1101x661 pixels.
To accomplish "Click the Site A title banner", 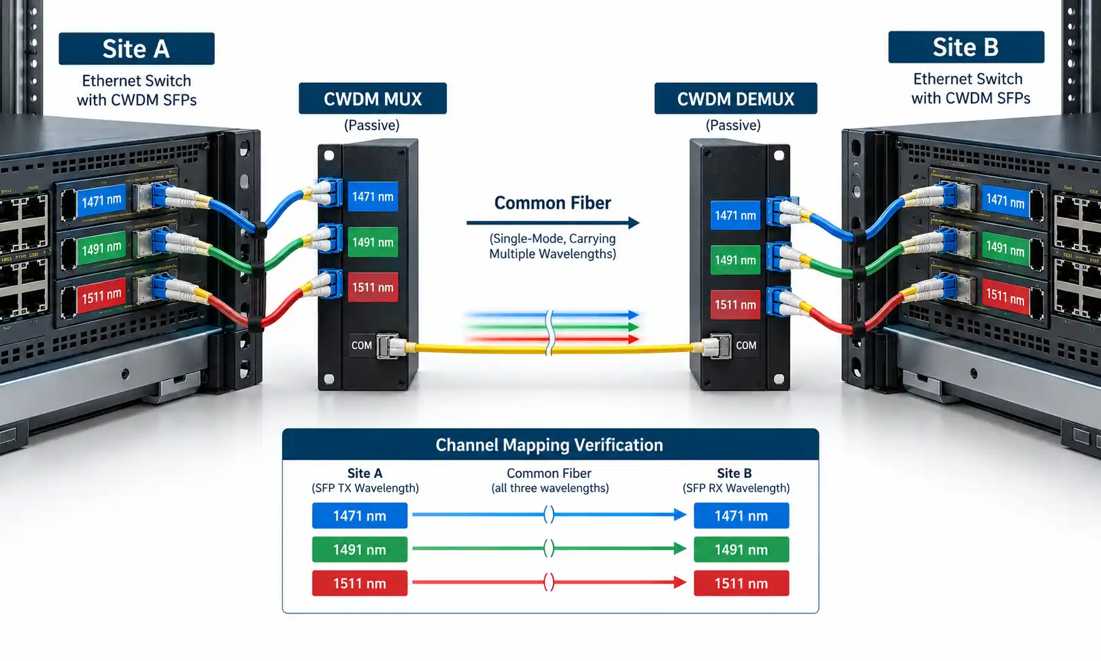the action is [137, 49].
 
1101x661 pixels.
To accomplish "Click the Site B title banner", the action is [966, 47].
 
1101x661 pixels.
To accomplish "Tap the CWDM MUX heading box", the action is [373, 99].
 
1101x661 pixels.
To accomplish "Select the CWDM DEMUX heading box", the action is [736, 99].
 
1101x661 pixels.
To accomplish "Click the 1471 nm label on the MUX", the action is [373, 196].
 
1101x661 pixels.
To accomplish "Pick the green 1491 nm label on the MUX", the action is [373, 242].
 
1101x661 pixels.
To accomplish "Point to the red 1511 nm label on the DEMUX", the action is [735, 305].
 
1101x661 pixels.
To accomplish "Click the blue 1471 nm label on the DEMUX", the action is [735, 215].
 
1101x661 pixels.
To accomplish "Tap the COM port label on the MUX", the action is [362, 346].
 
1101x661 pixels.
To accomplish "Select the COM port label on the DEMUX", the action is [746, 346].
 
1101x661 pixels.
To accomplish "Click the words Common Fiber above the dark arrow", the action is [552, 203].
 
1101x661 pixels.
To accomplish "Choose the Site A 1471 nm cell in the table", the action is [360, 515].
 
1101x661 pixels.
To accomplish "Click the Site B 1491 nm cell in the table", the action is [741, 549].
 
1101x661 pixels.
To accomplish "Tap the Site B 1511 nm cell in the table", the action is [741, 583].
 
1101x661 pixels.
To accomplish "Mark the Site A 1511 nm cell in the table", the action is [360, 583].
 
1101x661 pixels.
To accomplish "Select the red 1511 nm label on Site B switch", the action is [1006, 296].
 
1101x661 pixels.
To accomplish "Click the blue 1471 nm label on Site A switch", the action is [101, 201].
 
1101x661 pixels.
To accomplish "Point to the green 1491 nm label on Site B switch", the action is [1006, 249].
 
